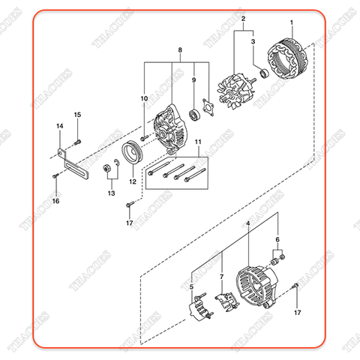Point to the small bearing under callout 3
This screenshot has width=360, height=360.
(x=262, y=73)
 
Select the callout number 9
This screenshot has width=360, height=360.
(x=193, y=79)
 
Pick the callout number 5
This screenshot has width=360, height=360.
(x=191, y=285)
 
